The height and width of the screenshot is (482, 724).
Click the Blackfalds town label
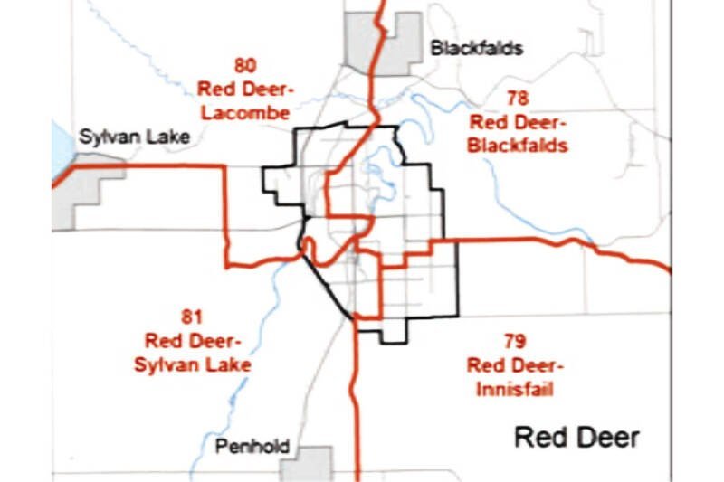point(476,48)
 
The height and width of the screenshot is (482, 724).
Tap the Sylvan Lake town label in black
point(134,137)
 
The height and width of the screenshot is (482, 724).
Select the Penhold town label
point(252,447)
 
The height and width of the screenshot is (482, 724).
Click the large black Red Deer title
point(576,438)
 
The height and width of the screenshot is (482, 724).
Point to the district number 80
point(244,65)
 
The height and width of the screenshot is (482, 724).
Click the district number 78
point(518,98)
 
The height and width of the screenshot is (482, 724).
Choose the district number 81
point(193,317)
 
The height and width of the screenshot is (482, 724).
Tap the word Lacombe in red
point(245,113)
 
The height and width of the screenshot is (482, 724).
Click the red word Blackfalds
point(519,145)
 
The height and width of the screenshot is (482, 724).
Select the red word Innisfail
point(510,390)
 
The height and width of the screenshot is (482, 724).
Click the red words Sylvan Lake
point(193,365)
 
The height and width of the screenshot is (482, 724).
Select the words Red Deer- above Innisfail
point(515,365)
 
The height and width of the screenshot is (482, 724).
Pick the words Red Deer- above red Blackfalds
point(518,121)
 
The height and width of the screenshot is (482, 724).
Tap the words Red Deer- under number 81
point(193,341)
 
